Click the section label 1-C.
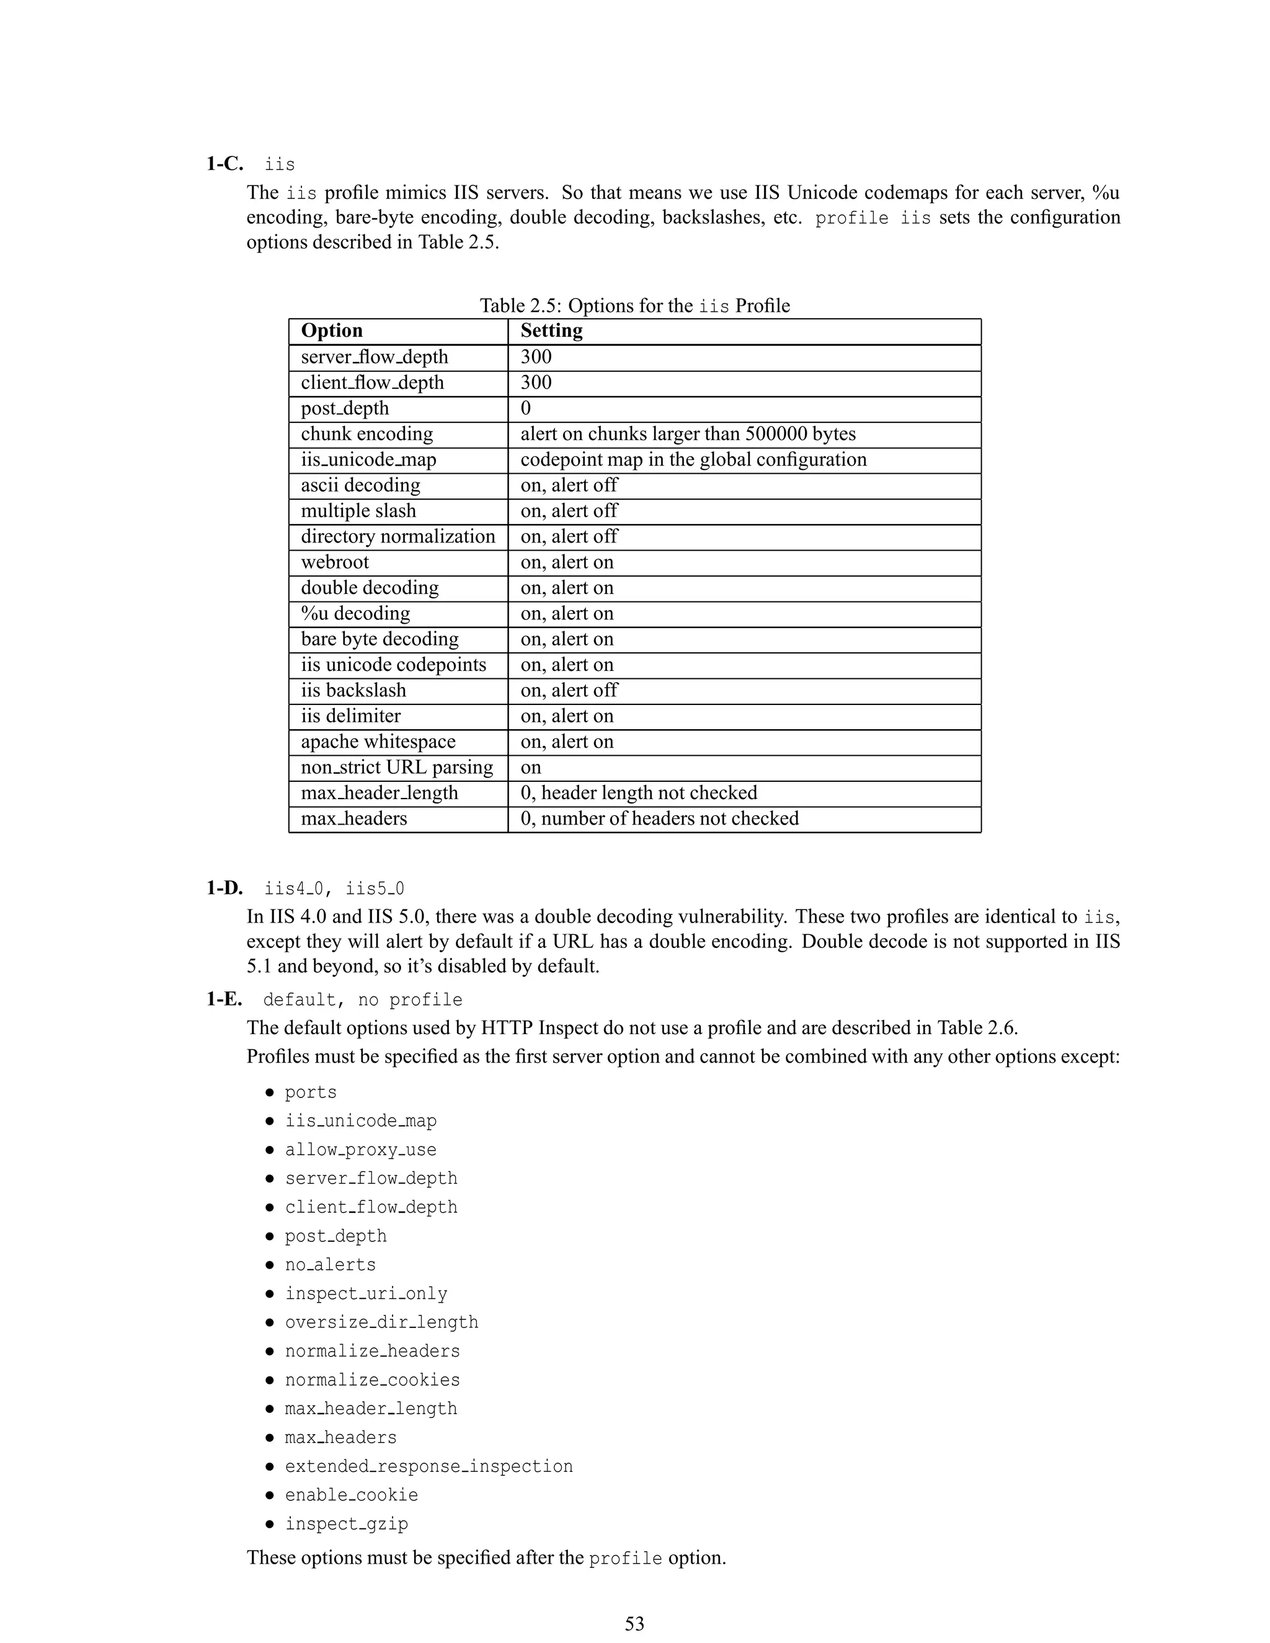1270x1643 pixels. point(224,164)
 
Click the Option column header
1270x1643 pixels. point(332,331)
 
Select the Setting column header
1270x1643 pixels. point(551,331)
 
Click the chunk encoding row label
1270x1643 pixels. point(366,434)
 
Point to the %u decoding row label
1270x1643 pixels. point(355,613)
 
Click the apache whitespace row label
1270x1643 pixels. point(378,742)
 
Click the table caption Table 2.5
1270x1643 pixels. point(634,306)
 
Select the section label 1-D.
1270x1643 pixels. point(224,888)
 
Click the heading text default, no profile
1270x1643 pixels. point(362,1000)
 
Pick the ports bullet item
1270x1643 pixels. point(310,1092)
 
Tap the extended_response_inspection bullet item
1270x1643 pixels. point(428,1466)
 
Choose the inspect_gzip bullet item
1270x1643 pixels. point(346,1523)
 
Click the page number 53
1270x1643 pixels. point(634,1623)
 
